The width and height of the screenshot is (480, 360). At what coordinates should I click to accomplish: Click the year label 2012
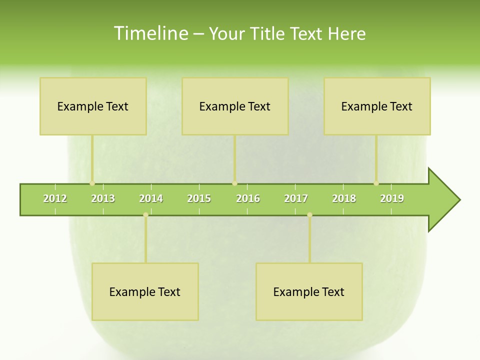pos(55,198)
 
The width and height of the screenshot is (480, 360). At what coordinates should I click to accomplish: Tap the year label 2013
pos(103,198)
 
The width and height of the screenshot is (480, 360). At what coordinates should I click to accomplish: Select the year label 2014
pos(151,198)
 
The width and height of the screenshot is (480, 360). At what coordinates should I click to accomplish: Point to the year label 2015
pos(199,198)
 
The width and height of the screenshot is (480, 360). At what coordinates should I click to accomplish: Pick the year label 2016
pos(248,198)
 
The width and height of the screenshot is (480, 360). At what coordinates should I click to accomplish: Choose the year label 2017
pos(296,198)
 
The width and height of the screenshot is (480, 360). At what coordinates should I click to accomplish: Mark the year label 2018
pos(344,198)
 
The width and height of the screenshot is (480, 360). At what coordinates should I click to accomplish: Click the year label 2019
pos(392,198)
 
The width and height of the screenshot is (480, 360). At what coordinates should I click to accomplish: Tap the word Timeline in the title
pos(150,33)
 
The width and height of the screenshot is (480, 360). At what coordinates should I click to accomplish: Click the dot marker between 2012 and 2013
pos(92,183)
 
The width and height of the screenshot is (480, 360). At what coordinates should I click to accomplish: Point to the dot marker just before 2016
pos(234,183)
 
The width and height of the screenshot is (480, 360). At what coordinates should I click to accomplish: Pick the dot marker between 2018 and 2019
pos(376,183)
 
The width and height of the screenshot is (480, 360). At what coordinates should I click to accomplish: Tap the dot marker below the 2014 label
pos(145,215)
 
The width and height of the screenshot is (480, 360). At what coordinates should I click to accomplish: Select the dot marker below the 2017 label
pos(309,215)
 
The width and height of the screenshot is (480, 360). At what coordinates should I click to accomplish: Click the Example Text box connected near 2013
pos(93,106)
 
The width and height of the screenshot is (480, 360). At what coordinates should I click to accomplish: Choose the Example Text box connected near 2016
pos(235,106)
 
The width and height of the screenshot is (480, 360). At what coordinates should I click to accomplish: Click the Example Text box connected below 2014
pos(145,291)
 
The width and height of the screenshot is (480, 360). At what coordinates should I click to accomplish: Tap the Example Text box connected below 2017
pos(309,291)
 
